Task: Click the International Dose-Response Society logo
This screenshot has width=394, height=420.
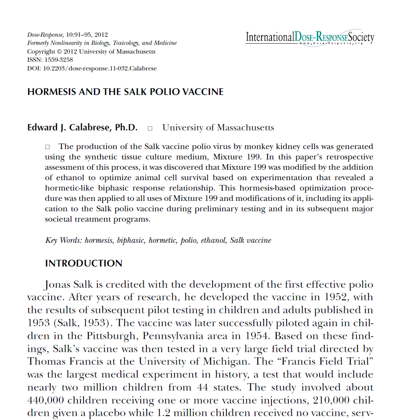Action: (310, 38)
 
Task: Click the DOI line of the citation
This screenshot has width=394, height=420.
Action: (92, 68)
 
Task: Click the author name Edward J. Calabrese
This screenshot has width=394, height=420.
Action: (82, 128)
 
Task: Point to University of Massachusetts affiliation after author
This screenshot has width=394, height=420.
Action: (218, 128)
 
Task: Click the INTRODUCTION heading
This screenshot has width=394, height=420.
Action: (84, 264)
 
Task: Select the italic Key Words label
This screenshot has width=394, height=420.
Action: (64, 240)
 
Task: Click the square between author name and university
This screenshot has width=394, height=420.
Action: (150, 128)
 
